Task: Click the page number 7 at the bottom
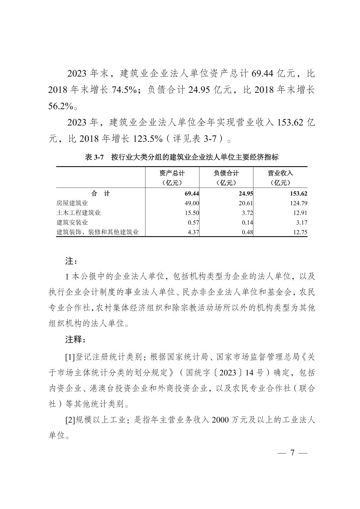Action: pyautogui.click(x=292, y=453)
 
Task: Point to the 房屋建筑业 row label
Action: pyautogui.click(x=72, y=203)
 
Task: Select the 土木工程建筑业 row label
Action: pyautogui.click(x=78, y=213)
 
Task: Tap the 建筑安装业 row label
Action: pyautogui.click(x=72, y=222)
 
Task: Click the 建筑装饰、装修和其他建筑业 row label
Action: pyautogui.click(x=98, y=232)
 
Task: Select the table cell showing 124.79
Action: pyautogui.click(x=299, y=203)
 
